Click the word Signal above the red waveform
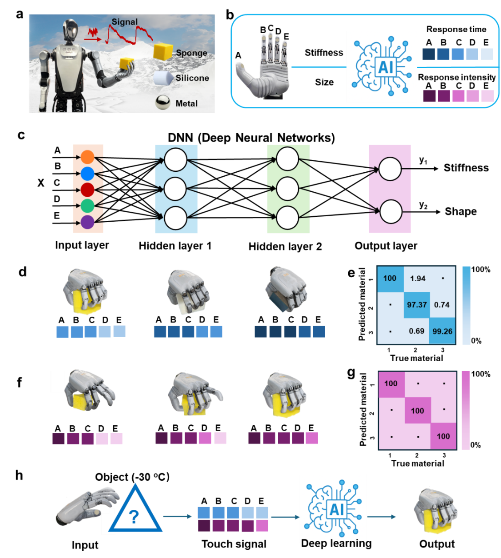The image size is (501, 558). pos(125,22)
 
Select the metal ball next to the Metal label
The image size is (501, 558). pos(163,103)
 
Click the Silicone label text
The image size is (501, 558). pos(192,78)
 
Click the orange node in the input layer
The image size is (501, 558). pos(87,157)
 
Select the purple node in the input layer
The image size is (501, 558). pos(87,222)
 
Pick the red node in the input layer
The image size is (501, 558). pos(87,189)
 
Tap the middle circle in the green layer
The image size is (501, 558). pos(287,189)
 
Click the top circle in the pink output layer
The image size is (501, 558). pos(390,169)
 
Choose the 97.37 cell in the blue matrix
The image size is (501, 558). pos(417,305)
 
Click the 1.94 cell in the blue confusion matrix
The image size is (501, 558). pos(417,279)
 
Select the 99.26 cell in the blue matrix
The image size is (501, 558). pos(442,331)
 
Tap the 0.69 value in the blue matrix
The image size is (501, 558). pos(416,331)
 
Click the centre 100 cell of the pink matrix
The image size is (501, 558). pos(417,411)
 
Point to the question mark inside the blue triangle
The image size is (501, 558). pos(134,517)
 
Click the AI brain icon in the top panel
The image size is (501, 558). pos(381,67)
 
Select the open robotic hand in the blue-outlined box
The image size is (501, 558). pos(264,67)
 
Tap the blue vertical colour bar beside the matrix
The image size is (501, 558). pos(466,305)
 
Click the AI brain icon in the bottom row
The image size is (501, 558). pos(333,508)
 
